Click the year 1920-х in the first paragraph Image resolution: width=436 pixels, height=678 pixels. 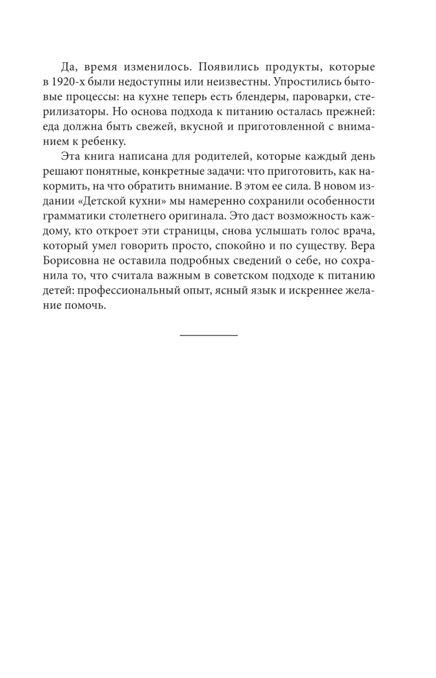[77, 83]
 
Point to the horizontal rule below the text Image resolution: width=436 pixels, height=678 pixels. [209, 335]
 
